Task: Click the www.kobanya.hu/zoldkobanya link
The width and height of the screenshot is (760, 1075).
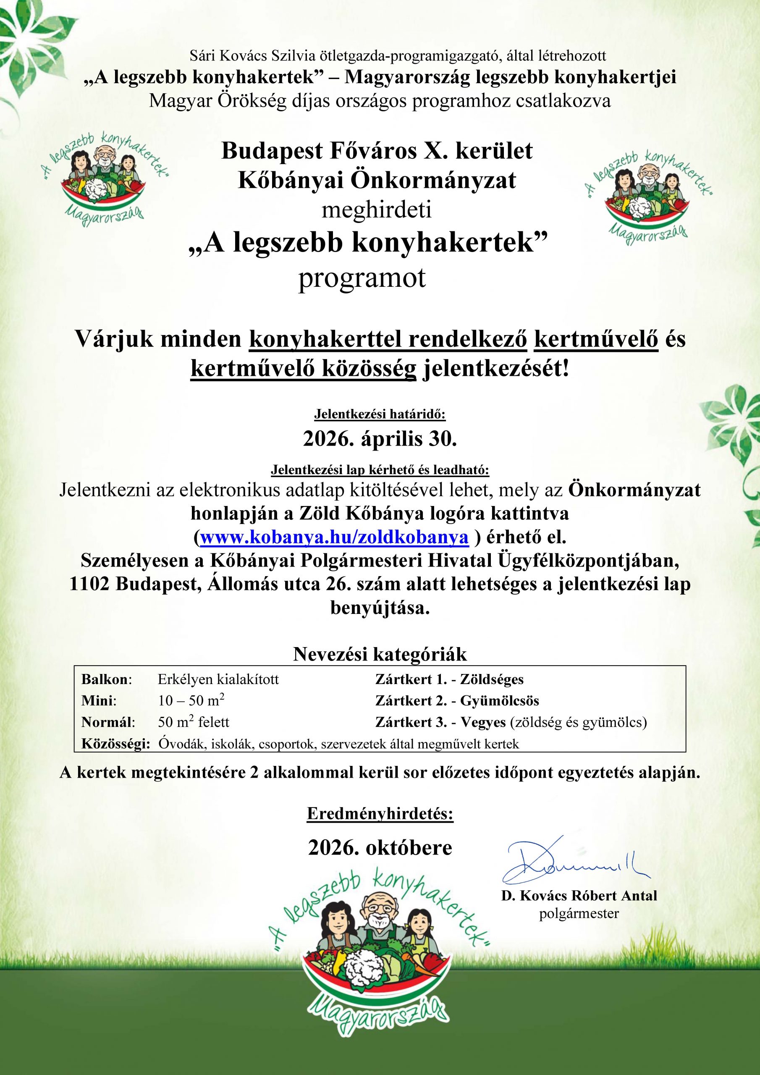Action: [334, 537]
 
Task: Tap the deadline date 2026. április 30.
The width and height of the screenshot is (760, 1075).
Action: [380, 439]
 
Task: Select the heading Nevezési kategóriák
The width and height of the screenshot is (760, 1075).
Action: [380, 654]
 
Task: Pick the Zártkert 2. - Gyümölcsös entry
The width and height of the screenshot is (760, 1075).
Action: [457, 701]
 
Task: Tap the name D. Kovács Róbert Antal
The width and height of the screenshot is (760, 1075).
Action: [579, 896]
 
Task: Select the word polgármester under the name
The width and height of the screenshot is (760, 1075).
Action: [579, 913]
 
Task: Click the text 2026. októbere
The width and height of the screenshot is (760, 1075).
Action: [380, 848]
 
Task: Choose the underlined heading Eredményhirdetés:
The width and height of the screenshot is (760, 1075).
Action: [380, 814]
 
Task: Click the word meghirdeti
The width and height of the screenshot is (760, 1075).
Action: [376, 210]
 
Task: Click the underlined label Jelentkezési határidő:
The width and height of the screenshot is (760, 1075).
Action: [380, 414]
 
